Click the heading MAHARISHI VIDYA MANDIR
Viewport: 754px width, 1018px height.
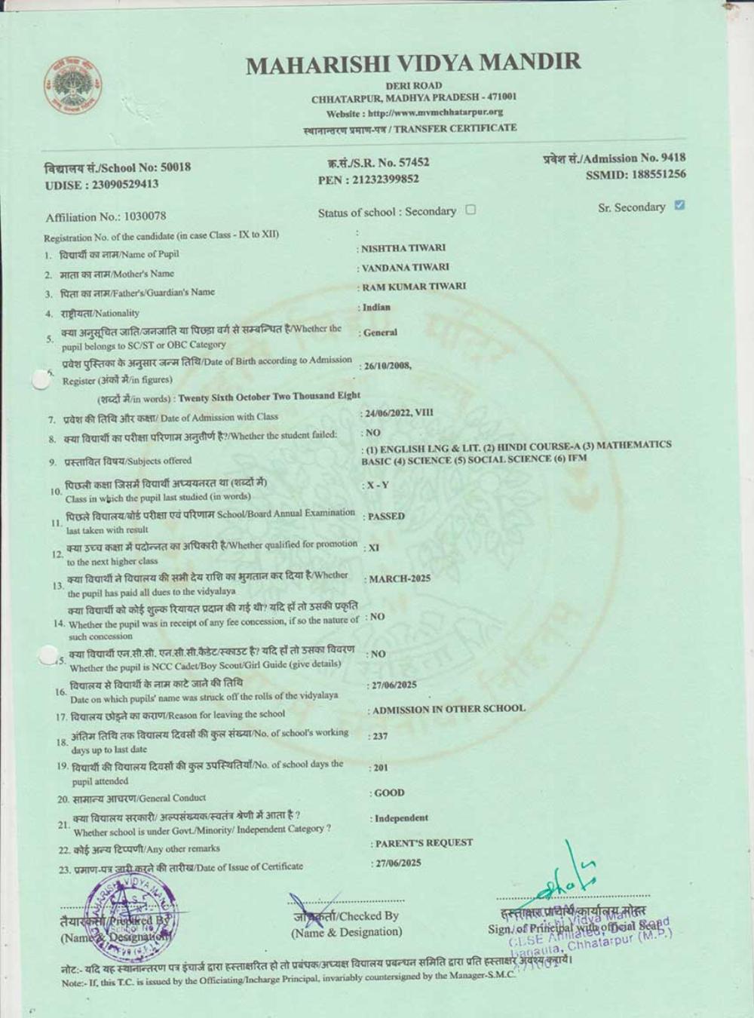(x=413, y=63)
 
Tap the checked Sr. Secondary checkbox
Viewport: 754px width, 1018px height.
(x=679, y=205)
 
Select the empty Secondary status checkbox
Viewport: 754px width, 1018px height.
(x=470, y=210)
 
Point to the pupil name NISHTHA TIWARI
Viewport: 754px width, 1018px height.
(x=403, y=248)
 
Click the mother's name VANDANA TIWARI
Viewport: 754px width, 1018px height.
(x=406, y=267)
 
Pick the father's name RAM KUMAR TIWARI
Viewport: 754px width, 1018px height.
(x=414, y=287)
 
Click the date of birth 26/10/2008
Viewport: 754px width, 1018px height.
(x=387, y=366)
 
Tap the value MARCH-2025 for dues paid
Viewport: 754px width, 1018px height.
(x=400, y=579)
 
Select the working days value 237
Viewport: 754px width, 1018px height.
(x=380, y=736)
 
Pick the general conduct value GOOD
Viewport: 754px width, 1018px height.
(x=389, y=793)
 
